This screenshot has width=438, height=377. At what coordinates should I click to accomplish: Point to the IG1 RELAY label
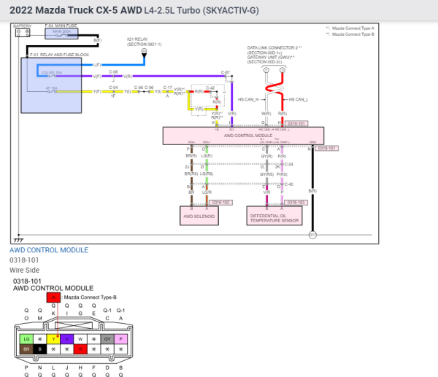point(139,42)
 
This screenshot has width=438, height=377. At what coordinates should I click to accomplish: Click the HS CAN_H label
point(248,99)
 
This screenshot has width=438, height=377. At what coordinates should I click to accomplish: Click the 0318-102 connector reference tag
point(218,201)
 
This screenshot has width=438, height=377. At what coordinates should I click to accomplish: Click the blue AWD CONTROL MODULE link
point(49,250)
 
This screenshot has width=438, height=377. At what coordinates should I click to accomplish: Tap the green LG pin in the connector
point(26,339)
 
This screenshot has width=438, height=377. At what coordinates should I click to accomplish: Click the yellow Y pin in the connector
point(53,339)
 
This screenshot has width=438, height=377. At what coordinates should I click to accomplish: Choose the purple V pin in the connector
point(66,339)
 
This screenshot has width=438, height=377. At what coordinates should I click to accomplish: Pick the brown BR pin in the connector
point(26,350)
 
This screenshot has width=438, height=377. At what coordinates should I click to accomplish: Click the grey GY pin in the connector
point(107,339)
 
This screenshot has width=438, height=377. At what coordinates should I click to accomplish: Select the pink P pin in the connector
point(120,339)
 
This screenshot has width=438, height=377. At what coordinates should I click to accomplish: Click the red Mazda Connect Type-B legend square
point(53,298)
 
